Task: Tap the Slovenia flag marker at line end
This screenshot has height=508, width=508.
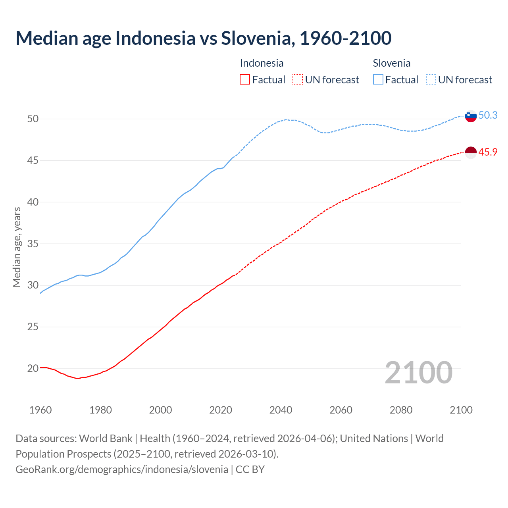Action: pyautogui.click(x=471, y=116)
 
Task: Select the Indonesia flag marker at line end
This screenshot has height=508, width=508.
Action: pyautogui.click(x=471, y=152)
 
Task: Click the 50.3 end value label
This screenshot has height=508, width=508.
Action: pyautogui.click(x=488, y=115)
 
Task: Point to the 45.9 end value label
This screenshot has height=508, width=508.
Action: pyautogui.click(x=488, y=152)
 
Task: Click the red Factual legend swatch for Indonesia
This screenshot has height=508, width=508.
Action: pyautogui.click(x=245, y=80)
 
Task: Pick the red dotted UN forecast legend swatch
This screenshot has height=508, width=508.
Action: pyautogui.click(x=298, y=80)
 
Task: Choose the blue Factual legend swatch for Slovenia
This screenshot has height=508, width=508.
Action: pyautogui.click(x=378, y=80)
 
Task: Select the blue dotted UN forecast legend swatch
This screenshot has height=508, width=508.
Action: pyautogui.click(x=431, y=80)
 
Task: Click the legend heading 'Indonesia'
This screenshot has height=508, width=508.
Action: pyautogui.click(x=262, y=63)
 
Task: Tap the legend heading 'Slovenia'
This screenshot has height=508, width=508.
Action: pyautogui.click(x=391, y=63)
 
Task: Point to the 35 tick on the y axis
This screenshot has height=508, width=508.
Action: pyautogui.click(x=33, y=244)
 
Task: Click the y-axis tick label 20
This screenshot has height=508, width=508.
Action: pyautogui.click(x=33, y=368)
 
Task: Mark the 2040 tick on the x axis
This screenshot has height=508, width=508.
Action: pyautogui.click(x=281, y=410)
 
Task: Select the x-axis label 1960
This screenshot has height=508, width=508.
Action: pyautogui.click(x=40, y=410)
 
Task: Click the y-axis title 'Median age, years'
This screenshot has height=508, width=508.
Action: pyautogui.click(x=17, y=247)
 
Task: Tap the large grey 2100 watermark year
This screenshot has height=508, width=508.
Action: pyautogui.click(x=418, y=372)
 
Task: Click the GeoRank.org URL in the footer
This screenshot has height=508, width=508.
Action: pyautogui.click(x=122, y=469)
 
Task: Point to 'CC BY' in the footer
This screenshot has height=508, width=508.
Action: pyautogui.click(x=250, y=469)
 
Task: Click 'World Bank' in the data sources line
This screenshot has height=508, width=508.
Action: pyautogui.click(x=106, y=438)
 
